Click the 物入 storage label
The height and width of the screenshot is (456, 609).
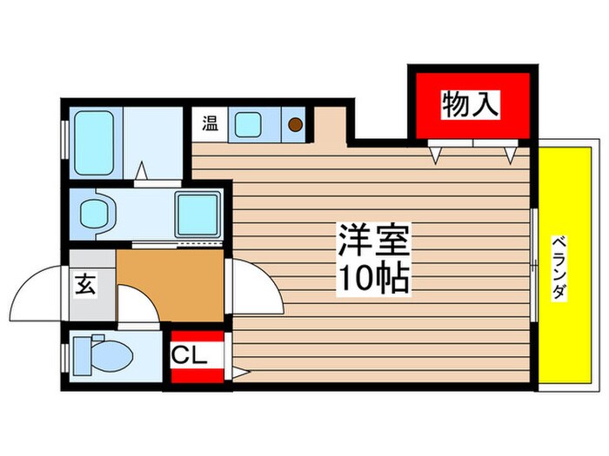471,105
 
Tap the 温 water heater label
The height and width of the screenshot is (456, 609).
210,123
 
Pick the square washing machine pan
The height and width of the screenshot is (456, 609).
198,213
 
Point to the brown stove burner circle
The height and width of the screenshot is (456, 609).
296,125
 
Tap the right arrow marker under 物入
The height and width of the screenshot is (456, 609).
512,154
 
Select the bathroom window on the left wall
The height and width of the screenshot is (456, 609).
64,139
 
